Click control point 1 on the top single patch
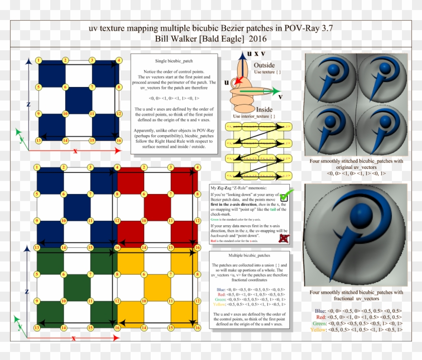click(x=38, y=60)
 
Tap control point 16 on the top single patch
click(x=119, y=140)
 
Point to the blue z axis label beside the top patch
click(x=29, y=104)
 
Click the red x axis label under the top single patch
click(x=75, y=150)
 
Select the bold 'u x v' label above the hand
click(x=256, y=54)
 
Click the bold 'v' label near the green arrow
click(x=280, y=97)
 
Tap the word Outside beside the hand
click(x=264, y=66)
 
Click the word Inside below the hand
click(x=264, y=109)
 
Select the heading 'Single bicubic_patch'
click(x=174, y=60)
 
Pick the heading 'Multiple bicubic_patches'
click(x=249, y=256)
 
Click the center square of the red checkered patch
click(x=158, y=207)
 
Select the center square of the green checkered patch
click(x=77, y=287)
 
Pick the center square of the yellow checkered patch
click(x=158, y=287)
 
